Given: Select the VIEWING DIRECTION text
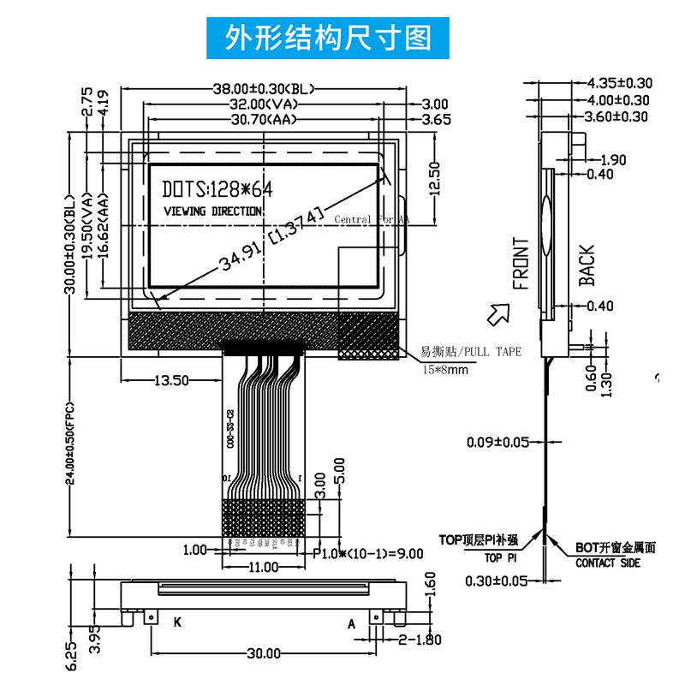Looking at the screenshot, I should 212,211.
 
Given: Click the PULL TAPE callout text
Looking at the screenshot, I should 470,352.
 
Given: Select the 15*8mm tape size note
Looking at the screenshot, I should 445,369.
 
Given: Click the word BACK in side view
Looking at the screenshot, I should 586,265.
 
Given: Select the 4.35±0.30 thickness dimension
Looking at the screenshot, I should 618,83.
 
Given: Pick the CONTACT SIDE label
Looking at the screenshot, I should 607,563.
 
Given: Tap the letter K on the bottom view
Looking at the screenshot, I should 178,621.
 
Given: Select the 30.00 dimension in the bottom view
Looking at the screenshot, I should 264,653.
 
